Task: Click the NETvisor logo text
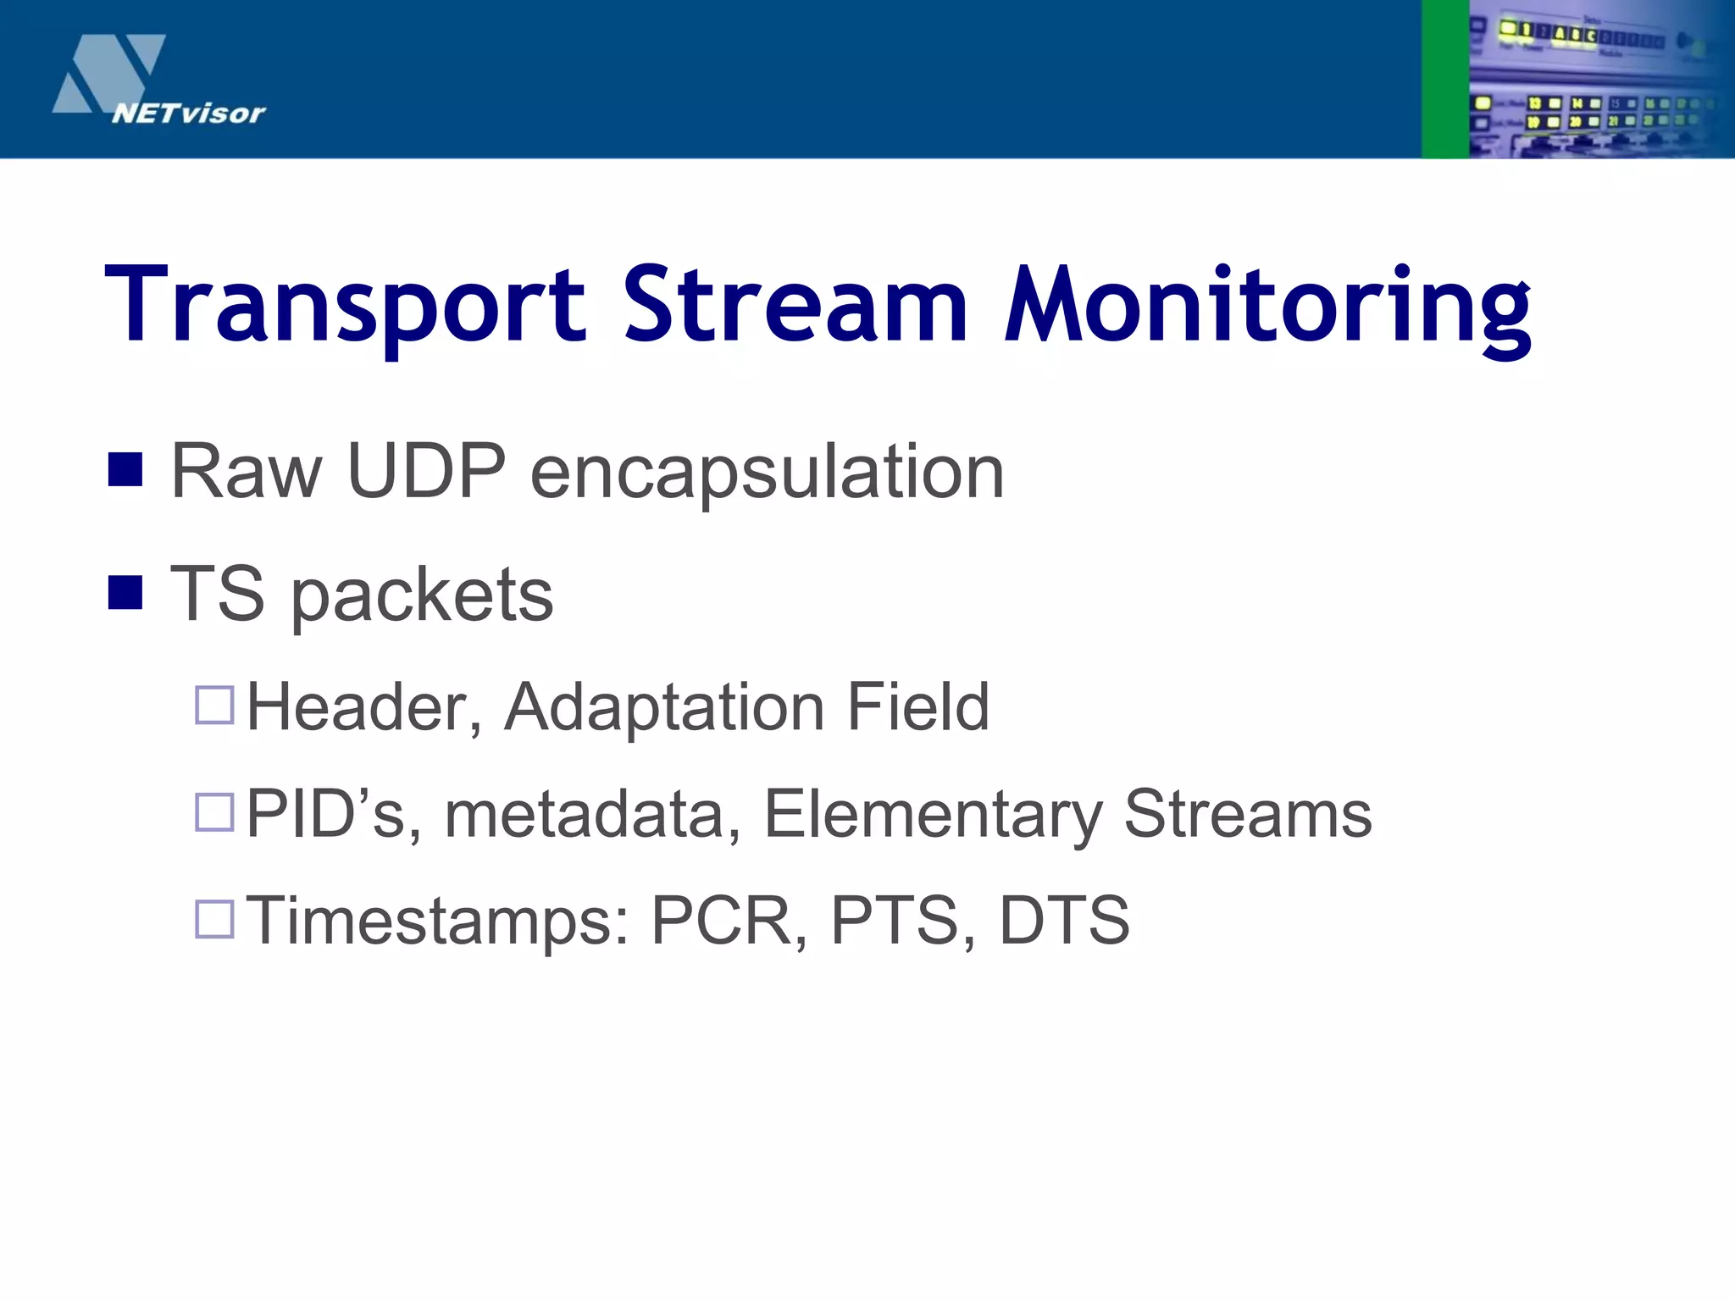[x=188, y=113]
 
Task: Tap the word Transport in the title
[x=345, y=307]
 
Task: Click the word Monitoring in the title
[x=1267, y=307]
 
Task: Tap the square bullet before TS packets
[x=125, y=593]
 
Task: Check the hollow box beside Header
[x=214, y=705]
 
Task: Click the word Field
[x=917, y=706]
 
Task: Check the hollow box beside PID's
[x=214, y=811]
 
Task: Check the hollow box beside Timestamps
[x=214, y=918]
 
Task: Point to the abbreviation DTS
[x=1064, y=920]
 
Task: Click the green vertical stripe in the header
[x=1444, y=79]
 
